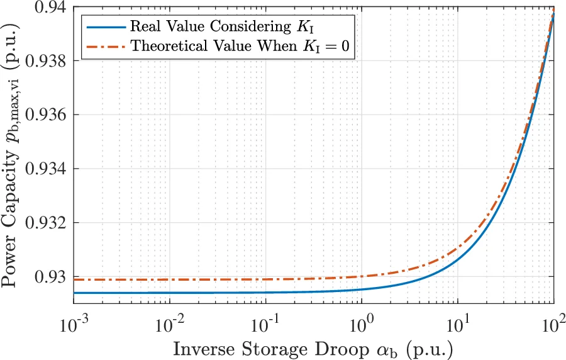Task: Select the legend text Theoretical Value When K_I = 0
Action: point(239,46)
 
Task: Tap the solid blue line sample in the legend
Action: point(104,26)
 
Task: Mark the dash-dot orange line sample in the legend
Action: point(104,46)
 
